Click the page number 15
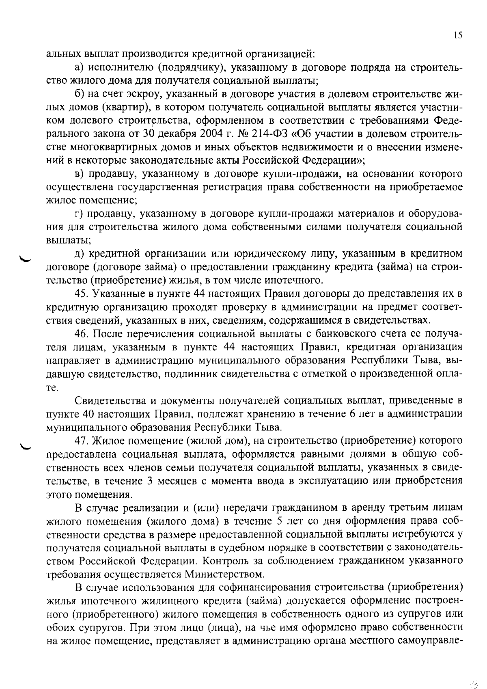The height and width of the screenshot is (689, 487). pos(458,35)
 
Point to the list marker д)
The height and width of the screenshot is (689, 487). pos(80,254)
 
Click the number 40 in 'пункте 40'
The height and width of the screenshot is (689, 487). pos(88,414)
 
